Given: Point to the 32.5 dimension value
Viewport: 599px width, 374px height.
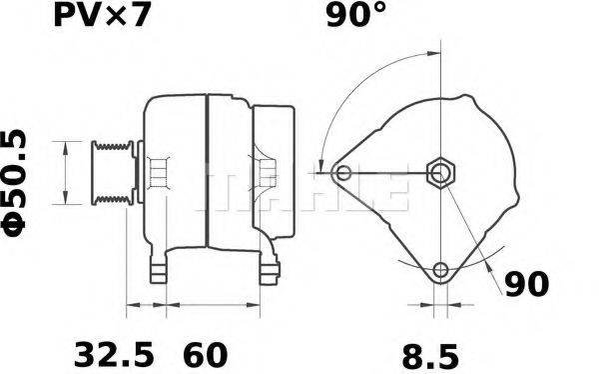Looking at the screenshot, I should pos(115,354).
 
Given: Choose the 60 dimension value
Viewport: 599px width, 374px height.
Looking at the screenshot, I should pos(205,354).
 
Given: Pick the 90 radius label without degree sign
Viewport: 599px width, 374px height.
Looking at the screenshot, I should pos(525,284).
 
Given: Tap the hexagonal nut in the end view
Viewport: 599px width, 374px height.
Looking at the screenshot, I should pos(440,173).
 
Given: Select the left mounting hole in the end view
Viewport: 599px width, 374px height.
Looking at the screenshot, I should pos(344,174).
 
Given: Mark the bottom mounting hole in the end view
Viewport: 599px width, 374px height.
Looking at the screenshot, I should pos(440,269).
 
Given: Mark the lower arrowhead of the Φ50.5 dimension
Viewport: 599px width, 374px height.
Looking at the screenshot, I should pos(66,201).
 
